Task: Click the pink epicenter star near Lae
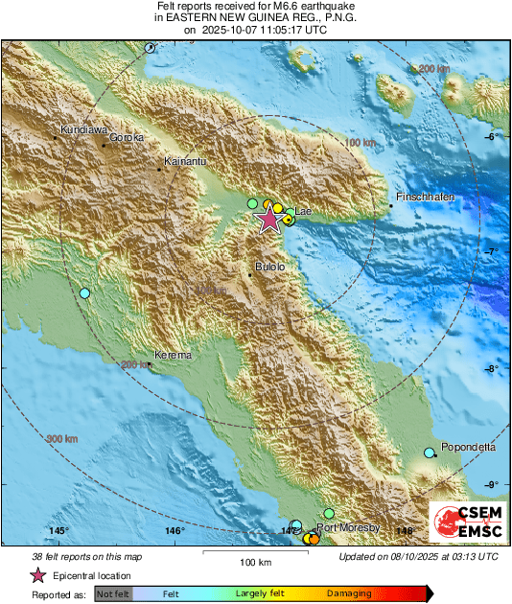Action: coord(269,221)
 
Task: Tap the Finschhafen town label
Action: coord(423,197)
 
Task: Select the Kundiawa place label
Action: coord(82,128)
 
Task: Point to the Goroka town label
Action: coord(127,137)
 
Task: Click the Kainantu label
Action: coord(184,161)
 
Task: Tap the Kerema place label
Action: coord(173,355)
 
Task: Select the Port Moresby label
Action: coord(348,527)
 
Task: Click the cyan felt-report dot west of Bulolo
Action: coord(84,292)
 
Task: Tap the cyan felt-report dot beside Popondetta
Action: coord(430,453)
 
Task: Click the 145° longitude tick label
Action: coord(59,530)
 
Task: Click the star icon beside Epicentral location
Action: coord(38,575)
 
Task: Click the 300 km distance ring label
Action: coord(63,440)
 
